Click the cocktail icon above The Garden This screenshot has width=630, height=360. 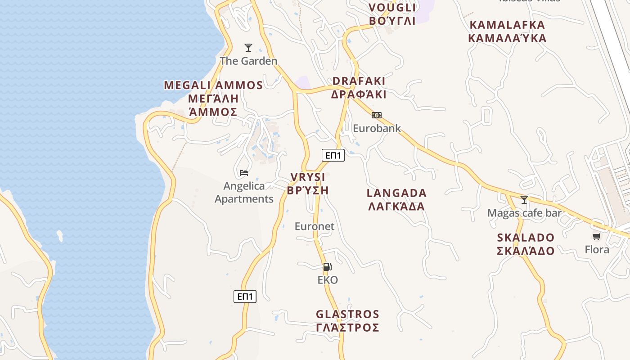[248, 47]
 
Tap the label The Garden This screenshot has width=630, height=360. [248, 61]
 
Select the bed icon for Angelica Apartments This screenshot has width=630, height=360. [244, 172]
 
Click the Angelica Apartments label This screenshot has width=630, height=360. [244, 192]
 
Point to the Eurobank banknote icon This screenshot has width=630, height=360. [377, 115]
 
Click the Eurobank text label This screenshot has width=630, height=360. [377, 128]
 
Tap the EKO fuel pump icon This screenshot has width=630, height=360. [328, 267]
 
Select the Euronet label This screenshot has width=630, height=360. [315, 226]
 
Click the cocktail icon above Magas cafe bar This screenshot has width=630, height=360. [524, 199]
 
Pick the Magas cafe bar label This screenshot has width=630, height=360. [524, 213]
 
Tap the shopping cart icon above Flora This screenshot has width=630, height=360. [597, 236]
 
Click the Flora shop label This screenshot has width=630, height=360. [597, 249]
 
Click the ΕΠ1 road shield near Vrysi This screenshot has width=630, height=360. [333, 156]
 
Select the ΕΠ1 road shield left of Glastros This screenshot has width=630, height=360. [245, 297]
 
